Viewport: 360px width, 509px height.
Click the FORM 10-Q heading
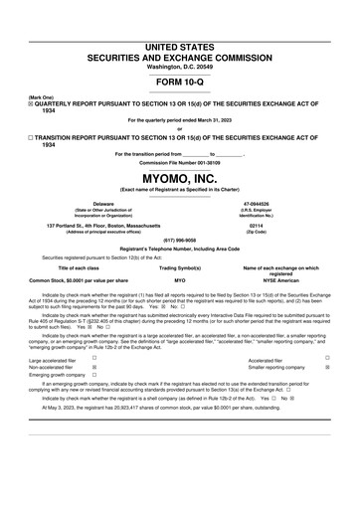(179, 81)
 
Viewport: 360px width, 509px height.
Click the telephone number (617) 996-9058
(179, 240)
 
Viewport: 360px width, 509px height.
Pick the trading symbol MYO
(180, 281)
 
